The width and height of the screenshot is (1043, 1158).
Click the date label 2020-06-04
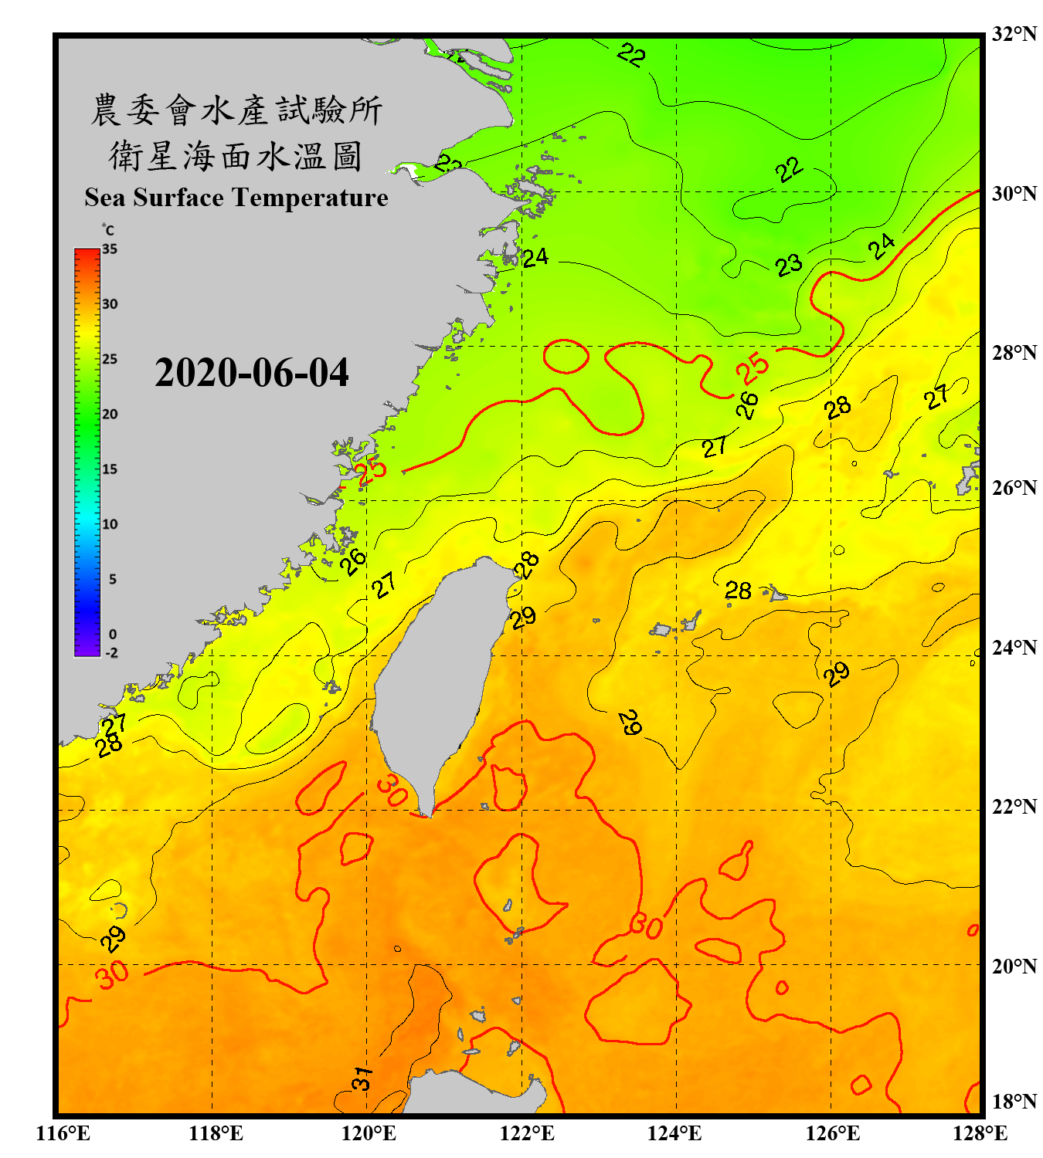[251, 373]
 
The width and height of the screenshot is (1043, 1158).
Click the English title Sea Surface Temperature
[236, 198]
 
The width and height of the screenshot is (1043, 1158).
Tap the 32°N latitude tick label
[1014, 34]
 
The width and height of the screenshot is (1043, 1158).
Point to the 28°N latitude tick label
[1014, 353]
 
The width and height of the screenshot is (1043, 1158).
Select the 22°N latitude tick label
[1014, 807]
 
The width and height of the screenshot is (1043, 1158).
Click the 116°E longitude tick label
[63, 1133]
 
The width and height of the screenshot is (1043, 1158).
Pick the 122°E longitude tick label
[527, 1133]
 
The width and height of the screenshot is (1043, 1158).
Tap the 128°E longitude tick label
[980, 1133]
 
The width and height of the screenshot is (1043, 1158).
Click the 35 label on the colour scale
[110, 249]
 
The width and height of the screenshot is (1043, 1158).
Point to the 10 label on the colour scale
[110, 524]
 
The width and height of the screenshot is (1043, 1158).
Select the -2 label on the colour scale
[111, 652]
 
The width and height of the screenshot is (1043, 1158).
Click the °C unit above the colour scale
[108, 230]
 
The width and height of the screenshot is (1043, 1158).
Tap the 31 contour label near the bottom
[362, 1078]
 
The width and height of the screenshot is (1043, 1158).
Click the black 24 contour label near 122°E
[535, 257]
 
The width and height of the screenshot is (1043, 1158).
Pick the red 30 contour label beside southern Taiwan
[392, 791]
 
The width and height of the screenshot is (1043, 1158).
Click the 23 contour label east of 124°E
[789, 266]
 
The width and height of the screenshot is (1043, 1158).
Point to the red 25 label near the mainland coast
[372, 469]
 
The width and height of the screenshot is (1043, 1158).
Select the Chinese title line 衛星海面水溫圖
[236, 157]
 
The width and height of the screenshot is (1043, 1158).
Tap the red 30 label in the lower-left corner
[113, 974]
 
